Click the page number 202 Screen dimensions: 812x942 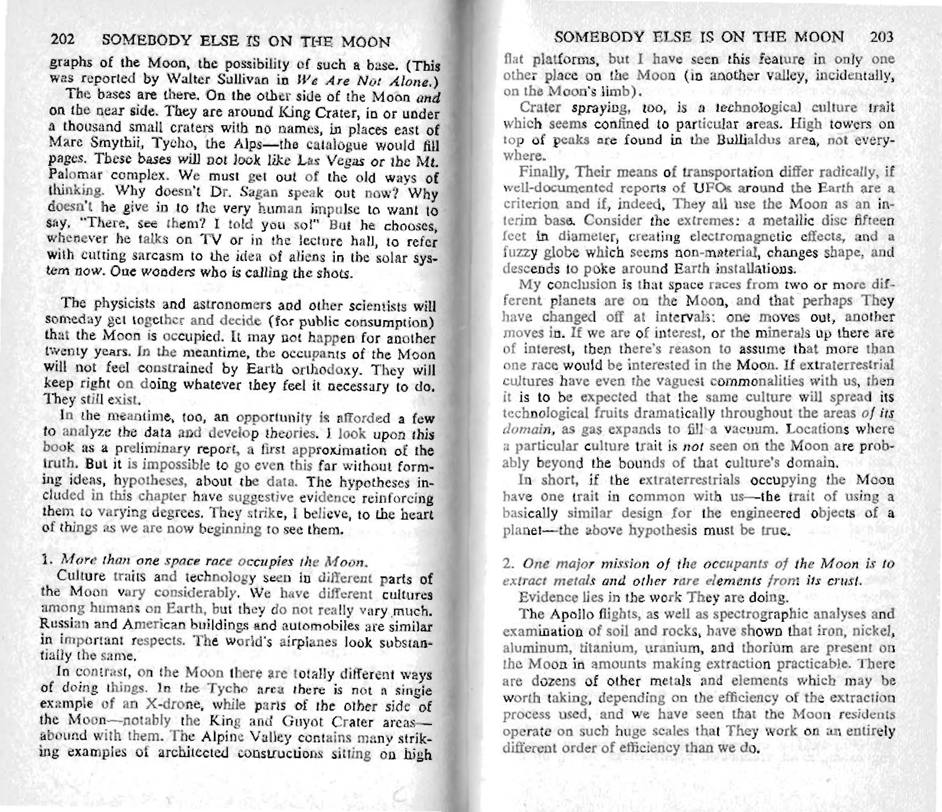[x=61, y=43]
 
